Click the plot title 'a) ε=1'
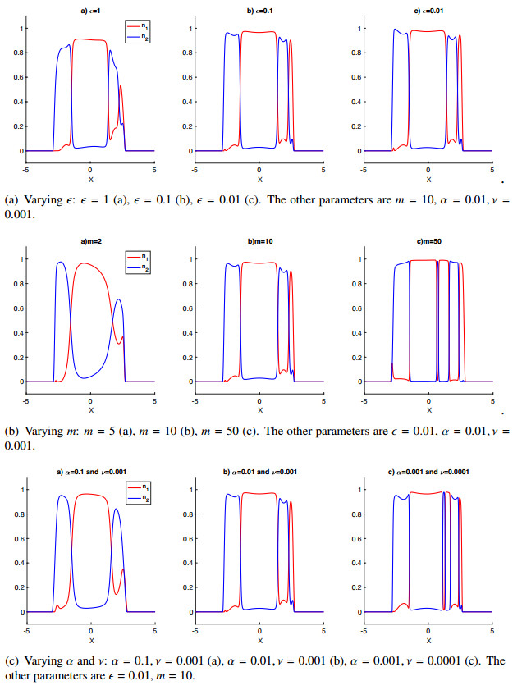click(90, 9)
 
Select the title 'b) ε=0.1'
click(259, 9)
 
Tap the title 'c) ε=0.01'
click(428, 9)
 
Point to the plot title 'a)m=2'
click(90, 240)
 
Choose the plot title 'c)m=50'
click(428, 240)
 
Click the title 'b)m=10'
click(259, 240)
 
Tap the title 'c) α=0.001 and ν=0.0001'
click(428, 471)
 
